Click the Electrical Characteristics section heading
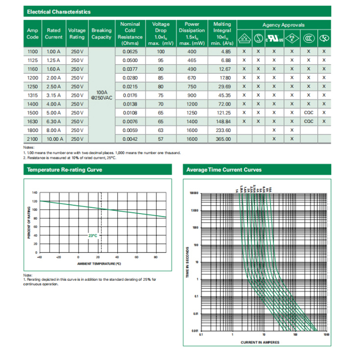pos(59,12)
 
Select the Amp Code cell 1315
pos(33,95)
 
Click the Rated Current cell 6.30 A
pos(54,121)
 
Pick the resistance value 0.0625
pos(130,52)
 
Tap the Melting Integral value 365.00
pos(221,139)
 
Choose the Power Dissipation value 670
pos(192,78)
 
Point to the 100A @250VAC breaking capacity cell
pos(101,95)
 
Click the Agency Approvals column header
pos(283,25)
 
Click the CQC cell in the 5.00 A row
pos(308,112)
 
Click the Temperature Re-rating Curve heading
pos(64,170)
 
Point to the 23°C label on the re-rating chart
pos(92,235)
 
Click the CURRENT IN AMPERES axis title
pos(260,342)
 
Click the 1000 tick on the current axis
pos(325,335)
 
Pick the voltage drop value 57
pos(161,139)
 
